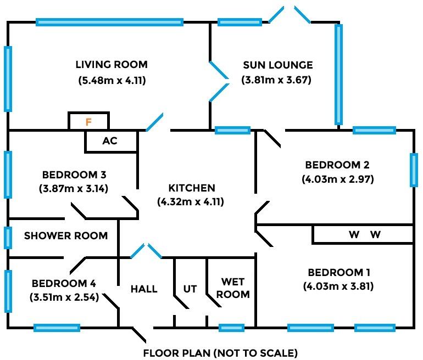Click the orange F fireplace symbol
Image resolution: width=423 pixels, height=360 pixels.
[88, 122]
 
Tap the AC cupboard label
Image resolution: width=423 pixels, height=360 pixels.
[110, 140]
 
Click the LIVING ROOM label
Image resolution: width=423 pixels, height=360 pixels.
[112, 65]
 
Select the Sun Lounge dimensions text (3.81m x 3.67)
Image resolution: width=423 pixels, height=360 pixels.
[277, 80]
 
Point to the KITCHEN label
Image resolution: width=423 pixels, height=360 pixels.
[192, 188]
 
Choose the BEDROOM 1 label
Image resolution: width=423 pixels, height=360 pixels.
[339, 272]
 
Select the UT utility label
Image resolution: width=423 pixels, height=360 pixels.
[190, 289]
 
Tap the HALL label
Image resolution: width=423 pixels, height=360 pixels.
[144, 289]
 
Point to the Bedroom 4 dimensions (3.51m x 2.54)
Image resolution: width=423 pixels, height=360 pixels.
[64, 298]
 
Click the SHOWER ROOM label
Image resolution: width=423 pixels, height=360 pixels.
[66, 236]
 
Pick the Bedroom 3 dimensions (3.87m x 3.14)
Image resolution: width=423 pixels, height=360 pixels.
[74, 189]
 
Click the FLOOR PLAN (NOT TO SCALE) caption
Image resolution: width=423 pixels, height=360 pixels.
[220, 352]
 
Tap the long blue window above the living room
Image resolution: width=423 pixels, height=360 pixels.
[109, 22]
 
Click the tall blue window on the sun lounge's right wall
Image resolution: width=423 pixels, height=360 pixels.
[339, 74]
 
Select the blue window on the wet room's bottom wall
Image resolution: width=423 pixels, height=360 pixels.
[231, 328]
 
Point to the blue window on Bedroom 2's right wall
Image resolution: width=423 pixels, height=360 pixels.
[413, 170]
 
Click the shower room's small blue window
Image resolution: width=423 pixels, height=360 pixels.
[8, 238]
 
